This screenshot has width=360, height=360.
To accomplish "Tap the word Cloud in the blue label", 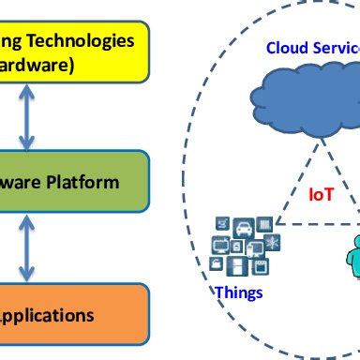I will [x=286, y=48].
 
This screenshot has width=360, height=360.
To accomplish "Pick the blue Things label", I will [x=239, y=292].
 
